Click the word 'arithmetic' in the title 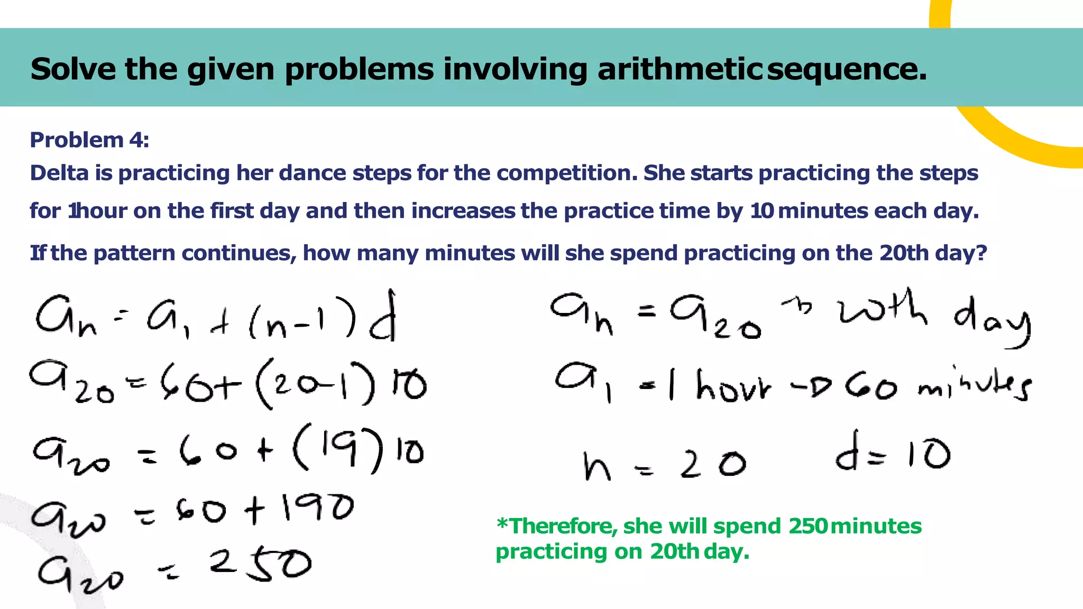tap(680, 69)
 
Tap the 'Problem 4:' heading tap(89, 140)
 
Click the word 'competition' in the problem tap(567, 173)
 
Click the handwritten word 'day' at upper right tap(993, 320)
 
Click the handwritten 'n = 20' tap(664, 465)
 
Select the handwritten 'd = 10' tap(893, 454)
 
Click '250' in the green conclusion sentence tap(807, 527)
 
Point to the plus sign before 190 tap(254, 511)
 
